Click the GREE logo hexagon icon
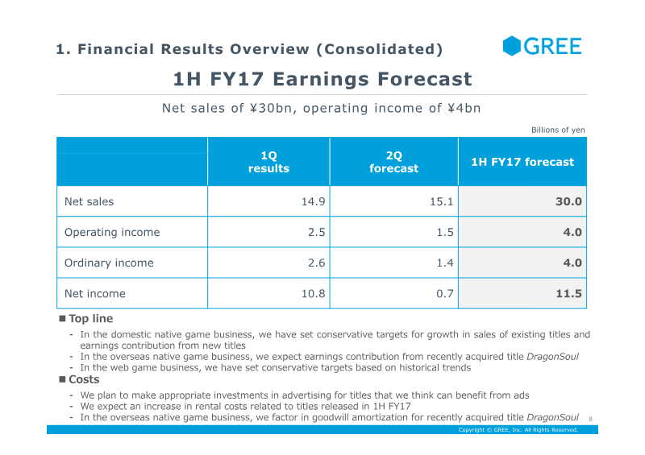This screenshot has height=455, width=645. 512,46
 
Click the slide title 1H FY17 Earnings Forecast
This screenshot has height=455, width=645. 322,79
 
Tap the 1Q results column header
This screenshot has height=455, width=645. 268,162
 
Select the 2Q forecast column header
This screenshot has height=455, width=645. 393,162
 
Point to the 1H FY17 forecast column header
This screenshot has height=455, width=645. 522,162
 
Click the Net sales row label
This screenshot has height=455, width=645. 89,201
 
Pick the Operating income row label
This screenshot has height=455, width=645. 112,232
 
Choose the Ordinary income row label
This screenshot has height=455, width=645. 109,263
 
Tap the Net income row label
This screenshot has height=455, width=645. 95,293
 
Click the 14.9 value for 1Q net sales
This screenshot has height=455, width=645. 313,201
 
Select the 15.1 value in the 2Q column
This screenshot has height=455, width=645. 441,201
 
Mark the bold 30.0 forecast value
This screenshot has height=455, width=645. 568,201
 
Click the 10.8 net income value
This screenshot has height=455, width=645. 313,293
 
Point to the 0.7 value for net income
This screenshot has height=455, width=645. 445,293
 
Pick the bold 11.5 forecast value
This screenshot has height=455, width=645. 568,293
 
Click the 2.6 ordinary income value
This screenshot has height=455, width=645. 316,263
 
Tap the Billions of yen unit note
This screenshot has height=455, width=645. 558,130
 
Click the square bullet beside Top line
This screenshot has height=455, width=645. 63,319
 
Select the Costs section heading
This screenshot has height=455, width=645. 84,379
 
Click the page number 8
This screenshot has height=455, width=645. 590,419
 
